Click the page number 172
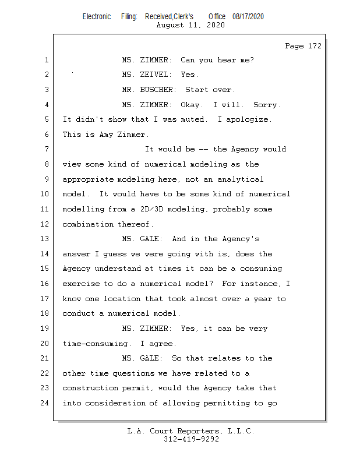pyautogui.click(x=315, y=46)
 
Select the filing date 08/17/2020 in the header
pyautogui.click(x=248, y=17)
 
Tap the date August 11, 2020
pyautogui.click(x=190, y=25)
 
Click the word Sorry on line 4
pyautogui.click(x=267, y=105)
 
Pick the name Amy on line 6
pyautogui.click(x=106, y=135)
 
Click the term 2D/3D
pyautogui.click(x=151, y=209)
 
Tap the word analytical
pyautogui.click(x=240, y=179)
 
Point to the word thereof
pyautogui.click(x=135, y=224)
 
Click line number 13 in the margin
pyautogui.click(x=45, y=239)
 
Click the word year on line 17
pyautogui.click(x=263, y=299)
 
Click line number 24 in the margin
pyautogui.click(x=45, y=403)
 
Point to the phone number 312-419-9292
pyautogui.click(x=191, y=439)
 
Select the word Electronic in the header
pyautogui.click(x=97, y=17)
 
